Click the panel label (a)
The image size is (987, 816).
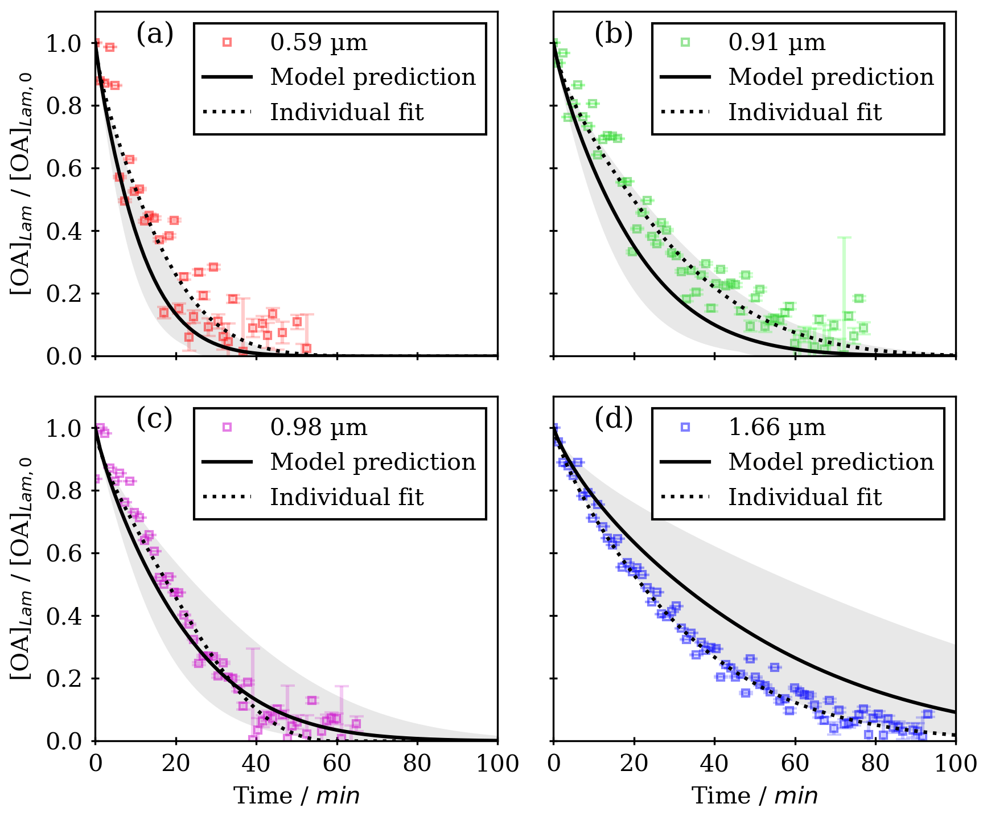[154, 35]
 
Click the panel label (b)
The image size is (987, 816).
[613, 35]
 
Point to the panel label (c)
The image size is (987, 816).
[154, 420]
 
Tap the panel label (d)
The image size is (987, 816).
[613, 420]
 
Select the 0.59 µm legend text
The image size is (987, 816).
[319, 43]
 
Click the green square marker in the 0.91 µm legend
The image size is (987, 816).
[685, 42]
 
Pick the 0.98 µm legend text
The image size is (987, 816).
[319, 428]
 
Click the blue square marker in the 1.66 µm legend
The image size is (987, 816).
[685, 427]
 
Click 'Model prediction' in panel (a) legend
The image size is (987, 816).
[373, 77]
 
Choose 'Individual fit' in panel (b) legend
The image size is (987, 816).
[805, 112]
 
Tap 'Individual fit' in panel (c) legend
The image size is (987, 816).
[347, 497]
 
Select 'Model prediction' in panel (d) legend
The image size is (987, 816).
[831, 462]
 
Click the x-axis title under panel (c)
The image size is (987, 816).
[297, 796]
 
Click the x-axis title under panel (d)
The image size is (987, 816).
[755, 796]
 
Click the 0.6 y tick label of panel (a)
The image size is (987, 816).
[64, 169]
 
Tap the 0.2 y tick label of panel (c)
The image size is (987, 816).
[64, 679]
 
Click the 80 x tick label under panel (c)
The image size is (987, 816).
[417, 764]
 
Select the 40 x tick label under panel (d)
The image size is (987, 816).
[714, 764]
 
